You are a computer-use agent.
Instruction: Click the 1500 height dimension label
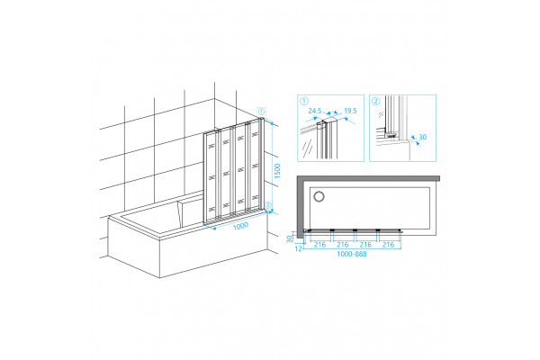pos(277,171)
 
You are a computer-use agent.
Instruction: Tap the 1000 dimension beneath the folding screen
pos(240,226)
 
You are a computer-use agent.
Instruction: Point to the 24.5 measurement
pos(315,111)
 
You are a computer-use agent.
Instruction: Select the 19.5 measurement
pos(350,111)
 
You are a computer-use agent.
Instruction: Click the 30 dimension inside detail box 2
pos(423,137)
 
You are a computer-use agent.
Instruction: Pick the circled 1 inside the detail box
pos(304,102)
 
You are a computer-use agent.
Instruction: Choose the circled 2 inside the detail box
pos(376,102)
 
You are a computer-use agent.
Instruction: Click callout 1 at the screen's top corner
pos(262,112)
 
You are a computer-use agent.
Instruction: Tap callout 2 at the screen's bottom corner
pos(268,206)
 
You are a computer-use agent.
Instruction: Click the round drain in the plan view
pos(319,197)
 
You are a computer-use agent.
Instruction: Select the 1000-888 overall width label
pos(352,254)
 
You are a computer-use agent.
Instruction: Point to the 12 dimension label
pos(299,247)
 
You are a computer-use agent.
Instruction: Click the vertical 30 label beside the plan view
pos(290,238)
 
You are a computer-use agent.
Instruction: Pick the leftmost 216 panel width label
pos(319,245)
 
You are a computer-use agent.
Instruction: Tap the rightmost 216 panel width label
pos(388,245)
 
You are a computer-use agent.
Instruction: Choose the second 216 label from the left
pos(343,245)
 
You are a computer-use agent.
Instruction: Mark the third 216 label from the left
pos(365,245)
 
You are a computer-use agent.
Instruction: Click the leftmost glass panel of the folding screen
pos(211,177)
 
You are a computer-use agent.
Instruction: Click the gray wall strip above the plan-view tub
pos(368,178)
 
